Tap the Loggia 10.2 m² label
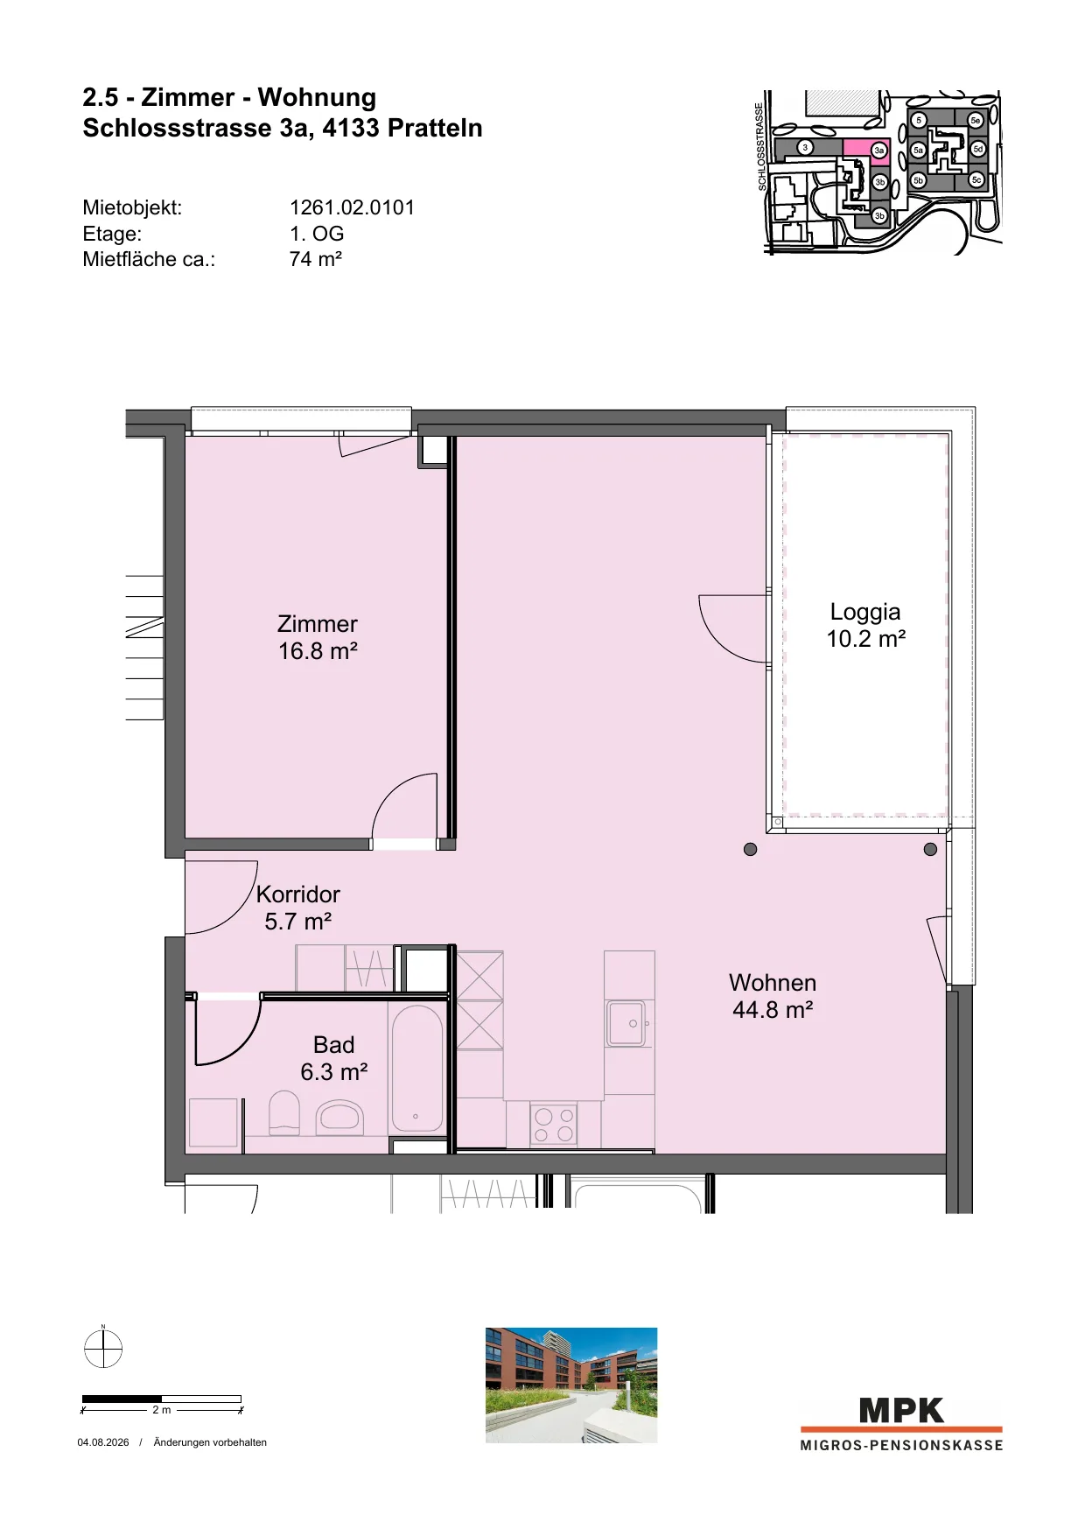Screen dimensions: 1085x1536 [x=866, y=625]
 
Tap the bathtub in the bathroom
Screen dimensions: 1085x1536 [x=416, y=1069]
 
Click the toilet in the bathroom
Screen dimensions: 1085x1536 [x=284, y=1112]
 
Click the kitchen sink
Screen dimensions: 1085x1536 [x=626, y=1023]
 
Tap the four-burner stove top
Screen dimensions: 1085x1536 [x=554, y=1126]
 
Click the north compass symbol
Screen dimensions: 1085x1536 [x=103, y=1348]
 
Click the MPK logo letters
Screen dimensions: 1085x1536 [x=901, y=1411]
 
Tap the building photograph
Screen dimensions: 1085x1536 [x=571, y=1385]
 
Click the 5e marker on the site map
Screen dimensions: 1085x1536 [x=976, y=120]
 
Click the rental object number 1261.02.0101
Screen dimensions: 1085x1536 [x=352, y=207]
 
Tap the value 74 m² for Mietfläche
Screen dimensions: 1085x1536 [x=316, y=259]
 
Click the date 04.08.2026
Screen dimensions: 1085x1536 [x=103, y=1442]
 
